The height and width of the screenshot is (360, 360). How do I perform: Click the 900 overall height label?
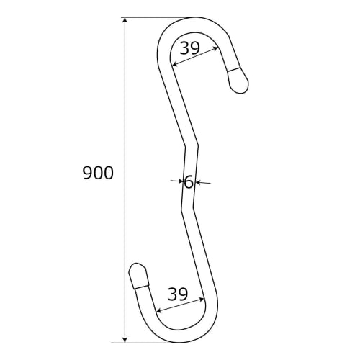point(98,174)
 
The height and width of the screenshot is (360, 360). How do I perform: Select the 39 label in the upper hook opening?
point(189,48)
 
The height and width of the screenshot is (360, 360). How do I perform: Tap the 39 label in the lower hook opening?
point(178,294)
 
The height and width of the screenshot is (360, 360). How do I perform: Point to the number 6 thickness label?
point(189,182)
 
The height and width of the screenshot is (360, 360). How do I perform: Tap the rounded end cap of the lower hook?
point(137,276)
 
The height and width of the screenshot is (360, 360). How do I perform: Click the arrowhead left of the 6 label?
point(181,182)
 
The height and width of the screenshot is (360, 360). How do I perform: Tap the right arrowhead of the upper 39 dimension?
point(218,48)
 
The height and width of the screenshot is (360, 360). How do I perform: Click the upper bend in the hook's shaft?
point(192,146)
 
